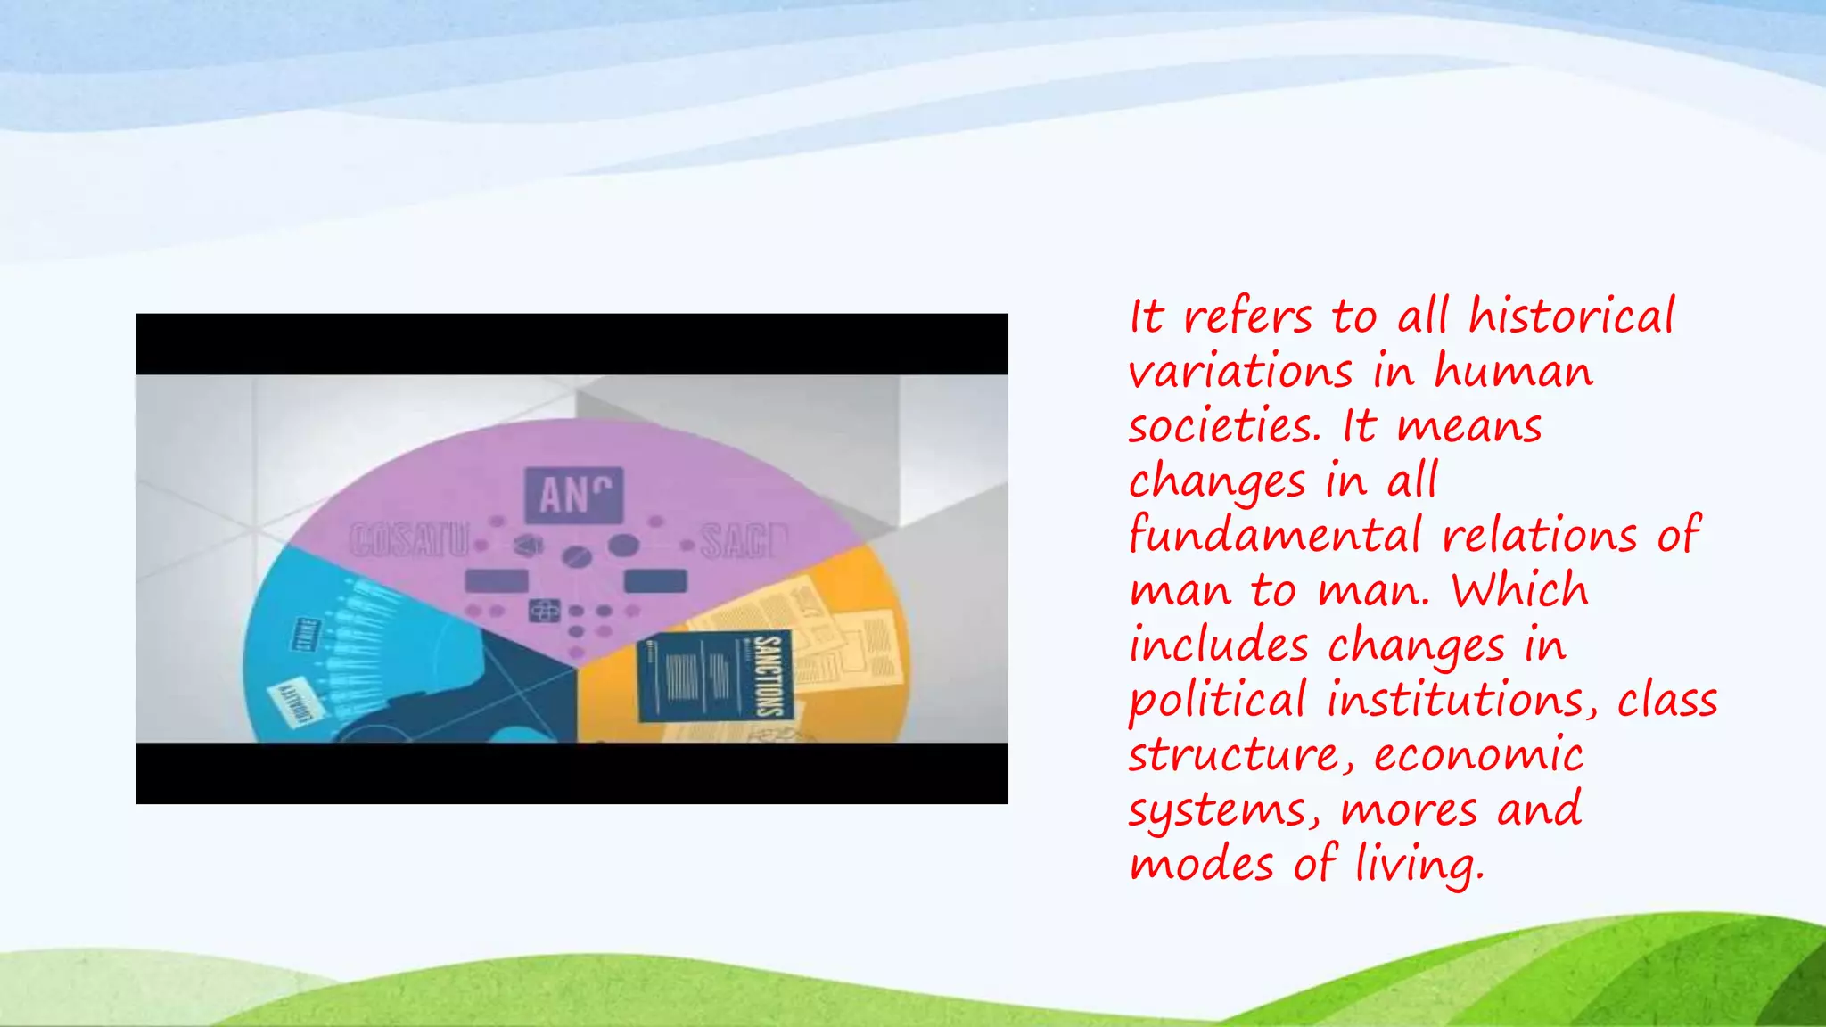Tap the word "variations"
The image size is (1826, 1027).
pyautogui.click(x=1240, y=371)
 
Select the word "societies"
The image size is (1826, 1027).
pyautogui.click(x=1223, y=426)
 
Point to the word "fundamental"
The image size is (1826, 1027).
pyautogui.click(x=1275, y=537)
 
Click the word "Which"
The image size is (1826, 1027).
pyautogui.click(x=1520, y=590)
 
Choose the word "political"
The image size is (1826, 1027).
pyautogui.click(x=1217, y=701)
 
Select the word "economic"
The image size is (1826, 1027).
pyautogui.click(x=1478, y=755)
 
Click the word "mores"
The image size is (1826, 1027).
pyautogui.click(x=1409, y=810)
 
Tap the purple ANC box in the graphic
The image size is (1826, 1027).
pyautogui.click(x=574, y=495)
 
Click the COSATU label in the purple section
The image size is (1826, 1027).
pyautogui.click(x=408, y=540)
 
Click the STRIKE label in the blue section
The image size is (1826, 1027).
pyautogui.click(x=305, y=634)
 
